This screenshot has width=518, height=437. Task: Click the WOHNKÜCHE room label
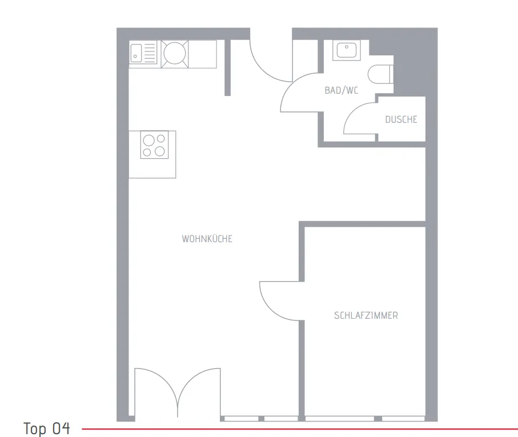pyautogui.click(x=207, y=239)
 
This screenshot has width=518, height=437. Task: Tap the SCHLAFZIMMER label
pyautogui.click(x=366, y=315)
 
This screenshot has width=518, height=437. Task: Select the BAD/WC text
pyautogui.click(x=342, y=90)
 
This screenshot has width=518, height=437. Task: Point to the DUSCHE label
pyautogui.click(x=401, y=119)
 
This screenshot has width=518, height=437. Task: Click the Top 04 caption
pyautogui.click(x=47, y=429)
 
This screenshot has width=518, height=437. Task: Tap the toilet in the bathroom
pyautogui.click(x=380, y=74)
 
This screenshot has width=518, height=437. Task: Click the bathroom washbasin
pyautogui.click(x=346, y=50)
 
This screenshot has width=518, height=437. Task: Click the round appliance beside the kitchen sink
pyautogui.click(x=174, y=54)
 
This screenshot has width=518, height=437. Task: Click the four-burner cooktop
pyautogui.click(x=154, y=145)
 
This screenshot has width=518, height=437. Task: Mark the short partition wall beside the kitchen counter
pyautogui.click(x=227, y=68)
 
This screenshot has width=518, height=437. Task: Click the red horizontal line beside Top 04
pyautogui.click(x=300, y=429)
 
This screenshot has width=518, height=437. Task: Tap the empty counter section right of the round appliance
pyautogui.click(x=203, y=54)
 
